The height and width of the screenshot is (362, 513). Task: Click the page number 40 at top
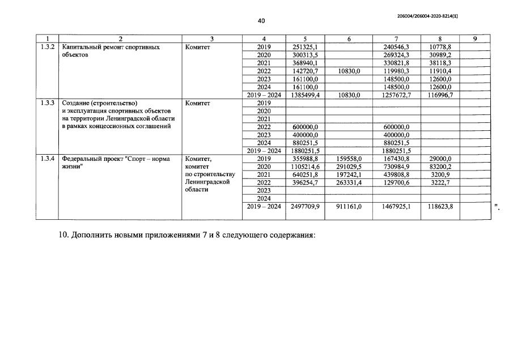pyautogui.click(x=261, y=21)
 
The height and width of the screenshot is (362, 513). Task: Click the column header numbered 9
pyautogui.click(x=474, y=39)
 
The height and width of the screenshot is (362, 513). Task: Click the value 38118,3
pyautogui.click(x=440, y=63)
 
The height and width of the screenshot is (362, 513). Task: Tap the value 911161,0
pyautogui.click(x=349, y=207)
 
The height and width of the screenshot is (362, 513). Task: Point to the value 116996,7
pyautogui.click(x=440, y=95)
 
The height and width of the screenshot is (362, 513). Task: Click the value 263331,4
pyautogui.click(x=349, y=183)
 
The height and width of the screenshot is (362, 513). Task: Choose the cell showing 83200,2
pyautogui.click(x=440, y=167)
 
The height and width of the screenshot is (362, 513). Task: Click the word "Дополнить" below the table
pyautogui.click(x=94, y=235)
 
